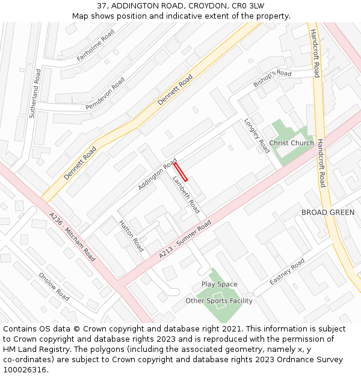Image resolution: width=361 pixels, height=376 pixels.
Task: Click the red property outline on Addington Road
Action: [x=180, y=171]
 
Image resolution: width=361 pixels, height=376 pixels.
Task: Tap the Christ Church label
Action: [x=291, y=143]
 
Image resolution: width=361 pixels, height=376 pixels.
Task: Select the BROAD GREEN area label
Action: [x=327, y=212]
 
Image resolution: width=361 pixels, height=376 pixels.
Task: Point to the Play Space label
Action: [x=219, y=284]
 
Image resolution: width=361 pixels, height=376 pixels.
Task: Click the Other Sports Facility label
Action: [x=218, y=301]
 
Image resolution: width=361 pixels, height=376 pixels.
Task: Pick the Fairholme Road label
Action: [x=95, y=45]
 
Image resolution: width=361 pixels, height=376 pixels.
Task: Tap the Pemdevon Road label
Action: [x=105, y=93]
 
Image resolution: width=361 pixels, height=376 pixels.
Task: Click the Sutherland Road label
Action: [x=36, y=93]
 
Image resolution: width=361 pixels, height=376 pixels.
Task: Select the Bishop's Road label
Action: [x=272, y=78]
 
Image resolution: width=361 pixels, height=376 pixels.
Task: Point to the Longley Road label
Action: [x=257, y=135]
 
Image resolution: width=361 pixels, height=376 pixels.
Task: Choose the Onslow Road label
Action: [x=54, y=287]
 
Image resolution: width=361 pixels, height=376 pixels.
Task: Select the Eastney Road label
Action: [x=287, y=273]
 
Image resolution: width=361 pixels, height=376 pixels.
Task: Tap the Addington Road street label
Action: [x=157, y=175]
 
